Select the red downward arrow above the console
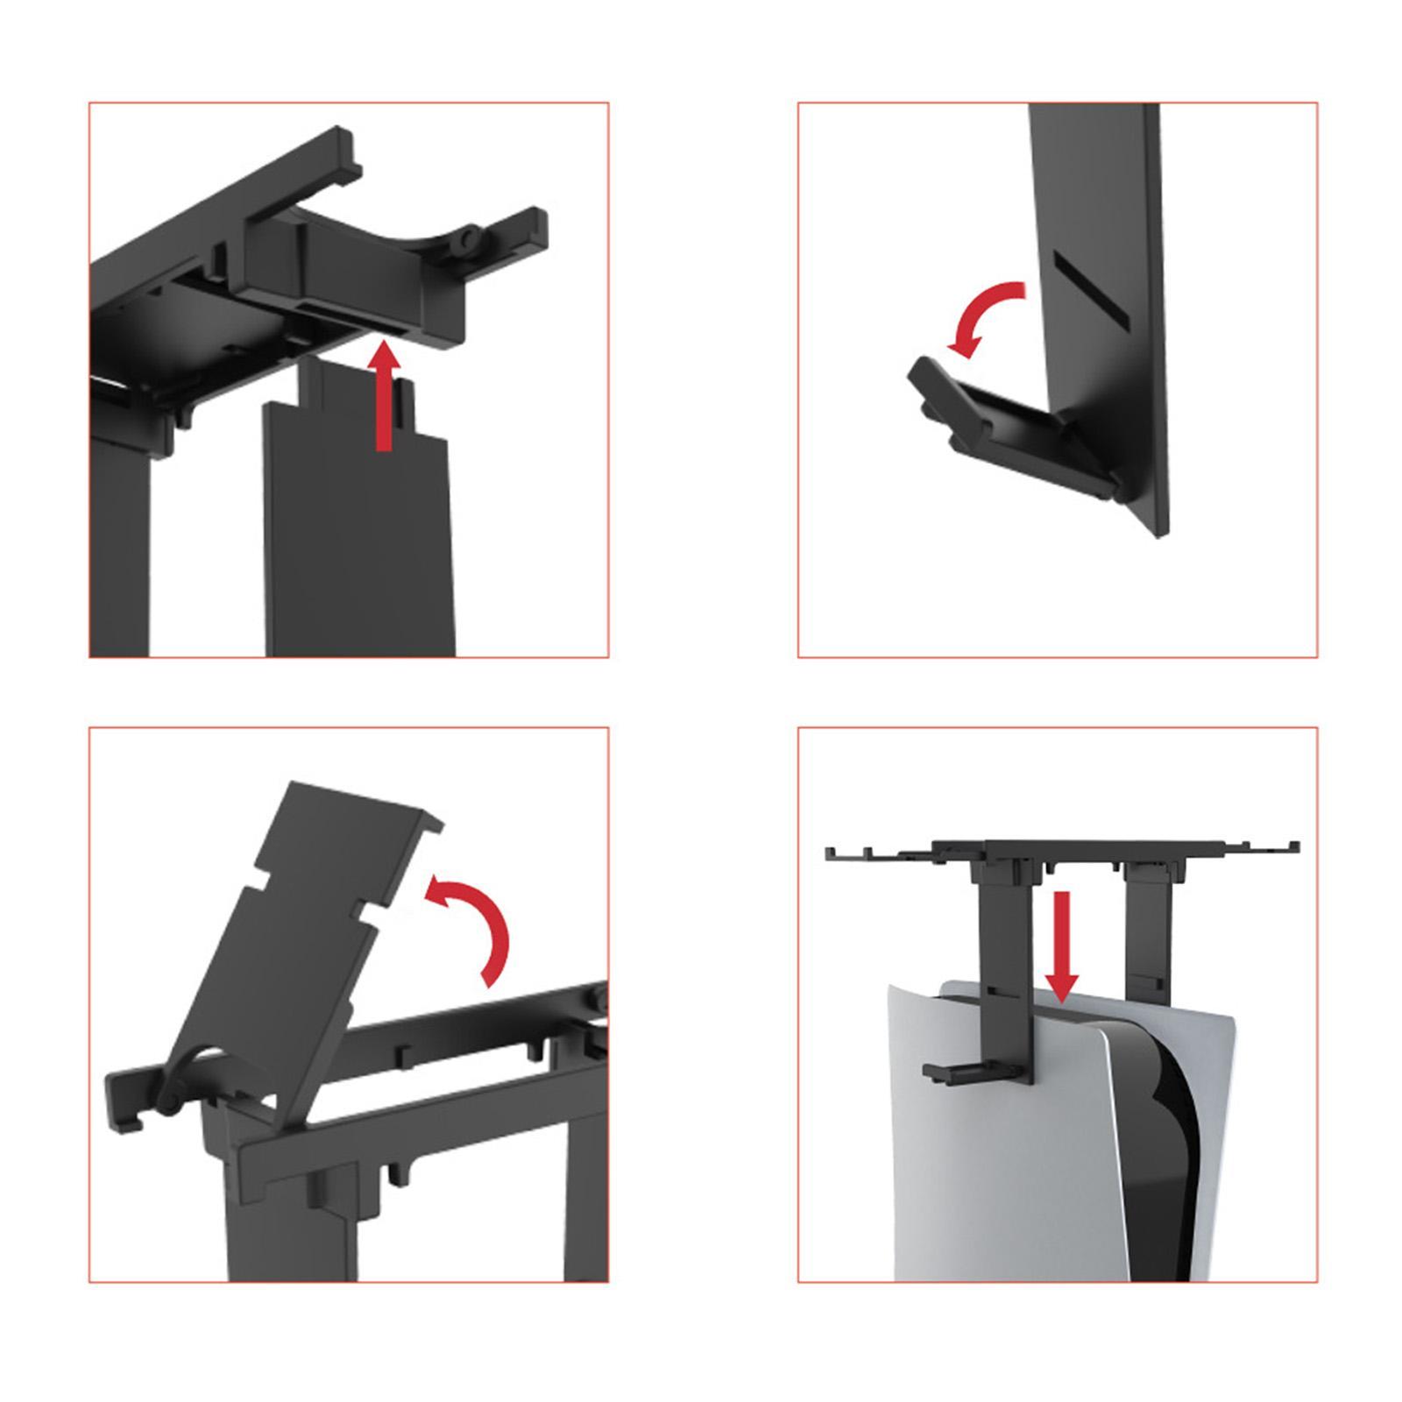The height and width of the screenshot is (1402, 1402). pos(1062,946)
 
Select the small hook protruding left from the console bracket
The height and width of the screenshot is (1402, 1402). pos(955,1070)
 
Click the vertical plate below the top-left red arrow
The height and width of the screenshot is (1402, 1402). pos(359,543)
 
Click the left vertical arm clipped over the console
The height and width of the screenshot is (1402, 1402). pos(1008,964)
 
